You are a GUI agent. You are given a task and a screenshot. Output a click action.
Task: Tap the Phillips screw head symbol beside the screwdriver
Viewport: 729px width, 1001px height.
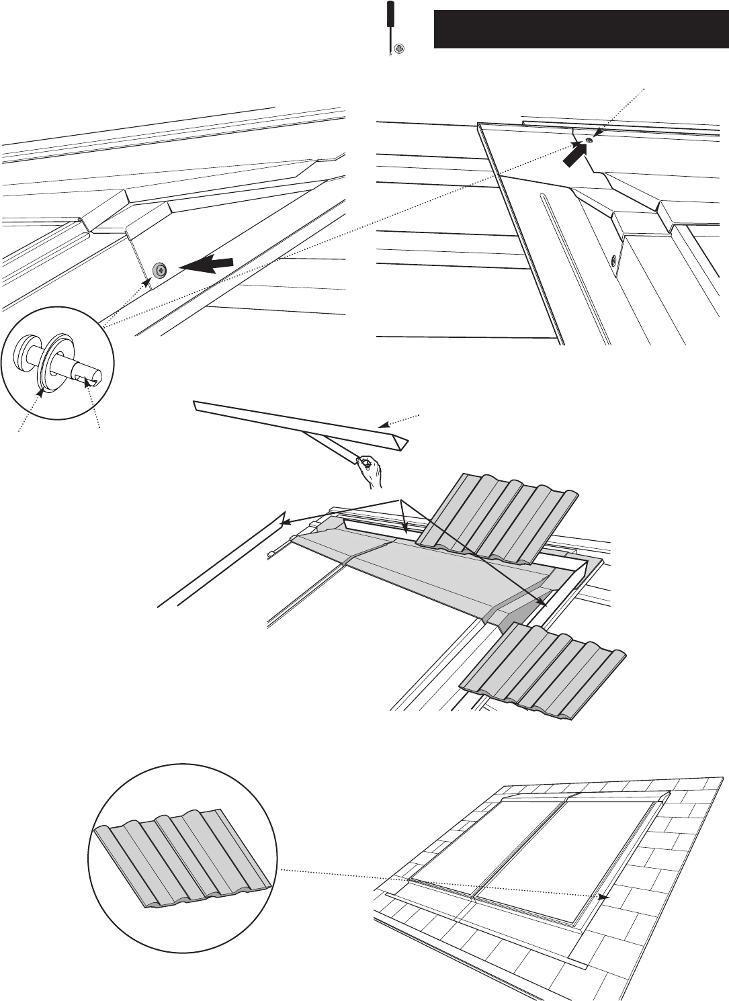[400, 48]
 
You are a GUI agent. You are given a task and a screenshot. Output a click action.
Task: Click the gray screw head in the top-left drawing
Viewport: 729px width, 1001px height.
[161, 270]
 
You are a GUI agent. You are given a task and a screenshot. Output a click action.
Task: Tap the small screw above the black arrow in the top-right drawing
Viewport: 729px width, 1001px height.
[589, 140]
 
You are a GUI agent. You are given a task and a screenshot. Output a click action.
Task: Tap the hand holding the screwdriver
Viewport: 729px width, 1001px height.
[370, 470]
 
